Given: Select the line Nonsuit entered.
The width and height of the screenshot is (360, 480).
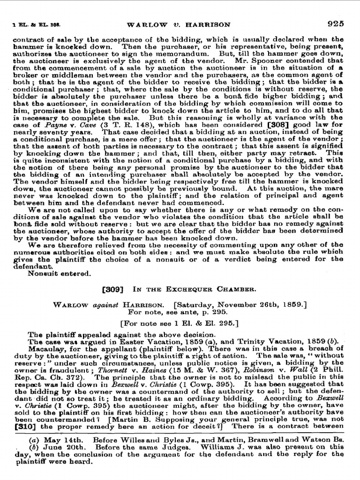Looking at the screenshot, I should [59, 273].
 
